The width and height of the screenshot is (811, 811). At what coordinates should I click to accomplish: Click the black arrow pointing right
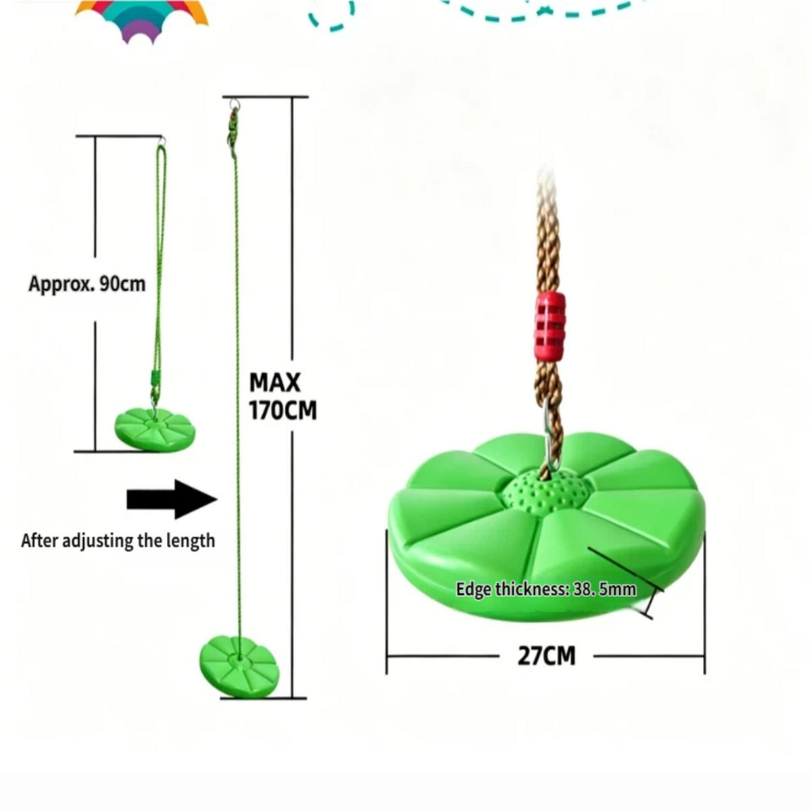click(x=172, y=499)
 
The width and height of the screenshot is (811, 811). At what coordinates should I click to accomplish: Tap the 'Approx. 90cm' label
click(x=87, y=285)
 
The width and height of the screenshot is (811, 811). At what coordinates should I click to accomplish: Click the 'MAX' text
click(x=275, y=383)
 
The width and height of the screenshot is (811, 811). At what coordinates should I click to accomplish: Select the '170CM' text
click(x=282, y=410)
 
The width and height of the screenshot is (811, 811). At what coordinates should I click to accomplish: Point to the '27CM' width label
click(x=546, y=656)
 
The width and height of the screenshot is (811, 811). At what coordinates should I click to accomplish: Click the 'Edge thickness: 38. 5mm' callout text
click(x=546, y=589)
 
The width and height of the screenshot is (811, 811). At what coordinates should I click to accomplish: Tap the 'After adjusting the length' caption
click(x=118, y=541)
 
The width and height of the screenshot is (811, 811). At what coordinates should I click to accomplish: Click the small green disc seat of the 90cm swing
click(x=155, y=430)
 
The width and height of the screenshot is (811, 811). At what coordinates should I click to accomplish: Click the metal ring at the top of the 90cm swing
click(x=162, y=141)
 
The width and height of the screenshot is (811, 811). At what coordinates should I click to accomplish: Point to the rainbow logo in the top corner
click(x=141, y=19)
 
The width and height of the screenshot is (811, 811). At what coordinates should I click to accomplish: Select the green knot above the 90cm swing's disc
click(x=155, y=381)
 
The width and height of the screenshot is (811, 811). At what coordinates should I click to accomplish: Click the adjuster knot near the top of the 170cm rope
click(x=232, y=130)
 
